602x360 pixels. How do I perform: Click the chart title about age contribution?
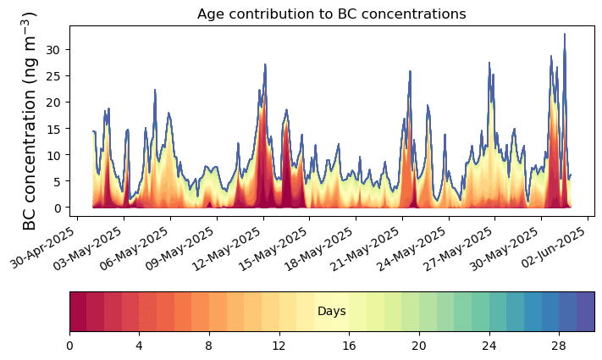point(331,14)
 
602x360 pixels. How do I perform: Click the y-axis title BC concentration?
point(29,121)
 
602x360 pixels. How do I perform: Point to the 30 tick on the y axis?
point(53,50)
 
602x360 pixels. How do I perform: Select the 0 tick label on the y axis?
point(58,208)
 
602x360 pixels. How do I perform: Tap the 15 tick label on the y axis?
point(53,128)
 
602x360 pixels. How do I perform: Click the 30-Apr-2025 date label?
point(42,248)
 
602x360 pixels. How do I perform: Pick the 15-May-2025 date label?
point(273,249)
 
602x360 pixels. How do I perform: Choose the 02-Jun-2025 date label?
point(553,248)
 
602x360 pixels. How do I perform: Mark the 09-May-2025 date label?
point(180,249)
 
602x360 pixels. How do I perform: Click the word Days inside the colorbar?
point(332,311)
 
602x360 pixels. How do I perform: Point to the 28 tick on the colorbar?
point(559,346)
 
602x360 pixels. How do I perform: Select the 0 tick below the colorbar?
point(69,346)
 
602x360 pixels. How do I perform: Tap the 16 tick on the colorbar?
point(349,346)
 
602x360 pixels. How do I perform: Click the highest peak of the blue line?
point(565,34)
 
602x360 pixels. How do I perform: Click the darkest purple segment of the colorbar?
point(586,311)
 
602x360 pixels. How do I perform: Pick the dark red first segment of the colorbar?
point(79,311)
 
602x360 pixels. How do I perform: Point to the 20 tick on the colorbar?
point(419,346)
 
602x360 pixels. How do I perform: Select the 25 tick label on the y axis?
point(53,75)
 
